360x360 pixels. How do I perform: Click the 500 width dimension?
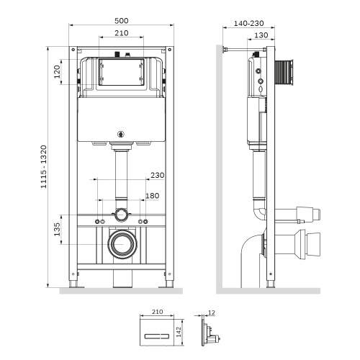click(121, 22)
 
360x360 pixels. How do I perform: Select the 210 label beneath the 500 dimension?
click(121, 34)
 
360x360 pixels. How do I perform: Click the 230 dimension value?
click(158, 174)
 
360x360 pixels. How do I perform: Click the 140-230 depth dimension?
click(248, 23)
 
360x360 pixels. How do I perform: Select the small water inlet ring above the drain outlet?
click(122, 215)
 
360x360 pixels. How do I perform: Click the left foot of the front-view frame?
click(75, 287)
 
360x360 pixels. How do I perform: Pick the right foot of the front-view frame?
click(169, 287)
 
